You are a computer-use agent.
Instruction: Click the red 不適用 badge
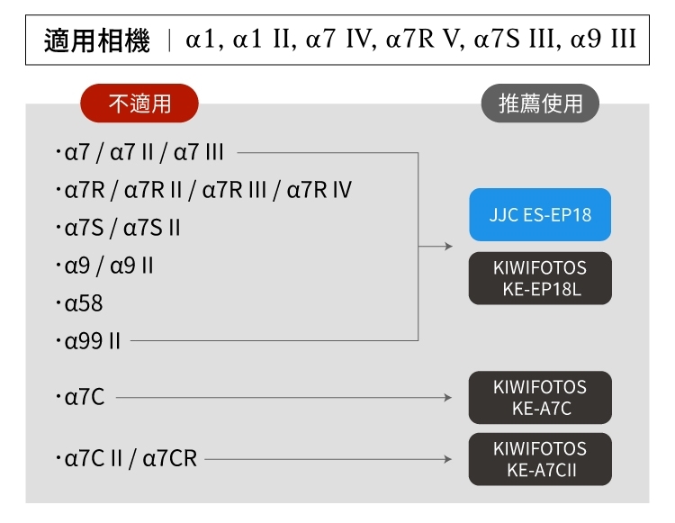(x=139, y=104)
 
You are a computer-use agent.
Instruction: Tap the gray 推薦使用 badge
(x=540, y=104)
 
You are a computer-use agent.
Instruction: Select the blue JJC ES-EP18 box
(x=540, y=215)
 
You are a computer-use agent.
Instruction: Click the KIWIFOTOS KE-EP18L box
(x=540, y=278)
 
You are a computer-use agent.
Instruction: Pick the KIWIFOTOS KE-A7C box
(x=540, y=397)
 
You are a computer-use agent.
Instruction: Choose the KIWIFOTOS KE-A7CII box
(x=540, y=459)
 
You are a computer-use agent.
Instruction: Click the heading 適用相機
(x=97, y=41)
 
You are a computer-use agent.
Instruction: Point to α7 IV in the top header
(x=337, y=41)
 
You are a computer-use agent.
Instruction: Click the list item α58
(x=84, y=303)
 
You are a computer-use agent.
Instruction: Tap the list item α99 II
(x=93, y=342)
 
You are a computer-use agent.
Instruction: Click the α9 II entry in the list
(x=131, y=266)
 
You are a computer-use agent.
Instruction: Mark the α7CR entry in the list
(x=170, y=459)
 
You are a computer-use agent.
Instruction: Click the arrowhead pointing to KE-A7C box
(x=448, y=397)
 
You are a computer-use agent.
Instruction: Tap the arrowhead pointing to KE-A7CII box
(x=448, y=459)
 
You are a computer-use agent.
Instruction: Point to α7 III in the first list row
(x=198, y=152)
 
